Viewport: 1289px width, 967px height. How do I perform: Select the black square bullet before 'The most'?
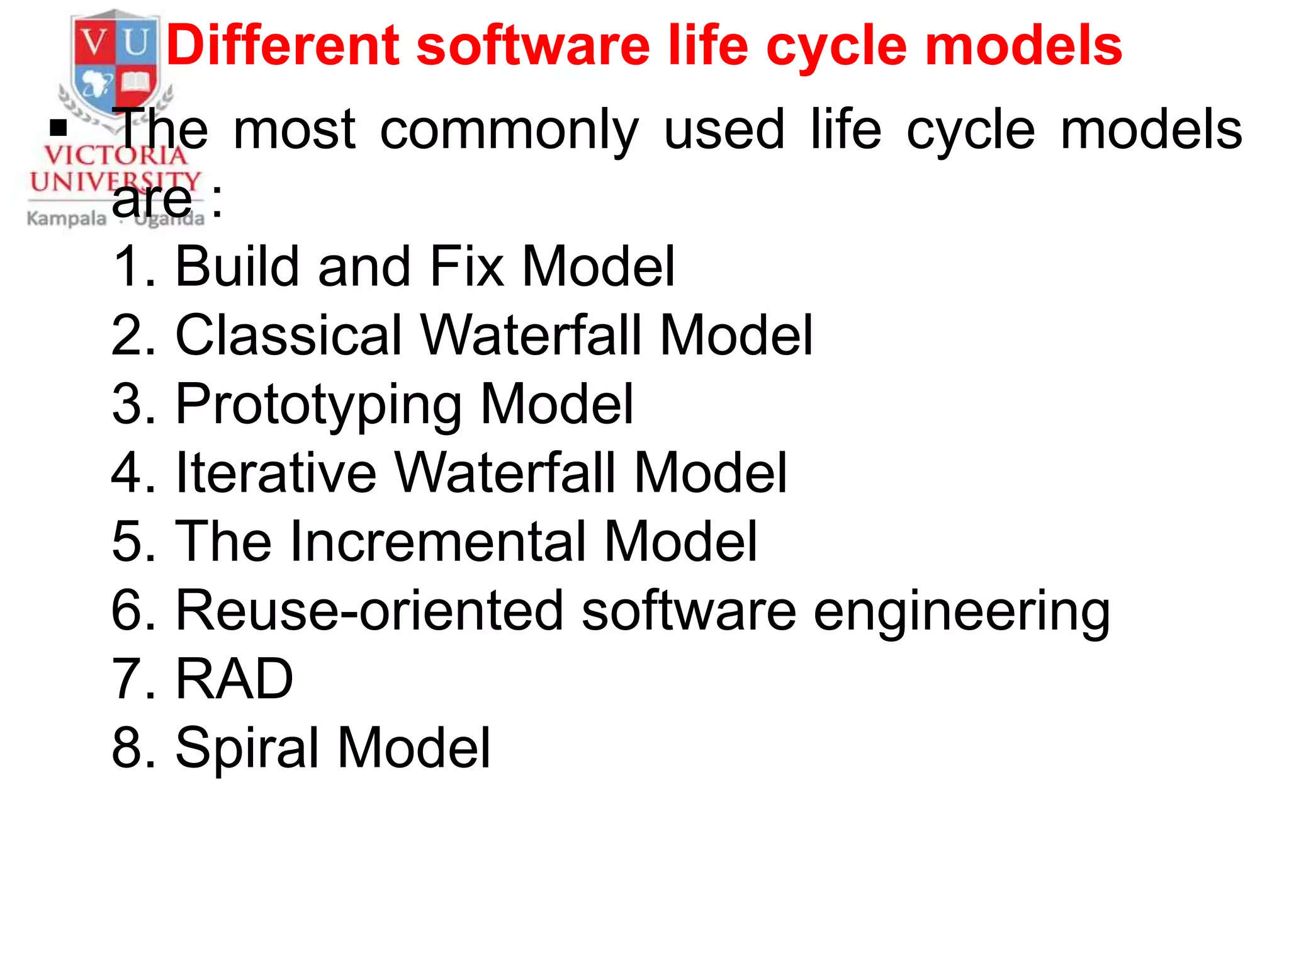(x=59, y=128)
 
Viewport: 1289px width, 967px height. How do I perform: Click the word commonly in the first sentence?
(x=509, y=131)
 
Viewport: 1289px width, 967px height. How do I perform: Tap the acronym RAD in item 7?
(x=234, y=679)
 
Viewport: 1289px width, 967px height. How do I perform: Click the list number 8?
(x=125, y=747)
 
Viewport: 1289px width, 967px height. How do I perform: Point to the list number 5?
(x=125, y=541)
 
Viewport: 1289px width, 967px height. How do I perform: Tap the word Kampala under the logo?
(x=66, y=219)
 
